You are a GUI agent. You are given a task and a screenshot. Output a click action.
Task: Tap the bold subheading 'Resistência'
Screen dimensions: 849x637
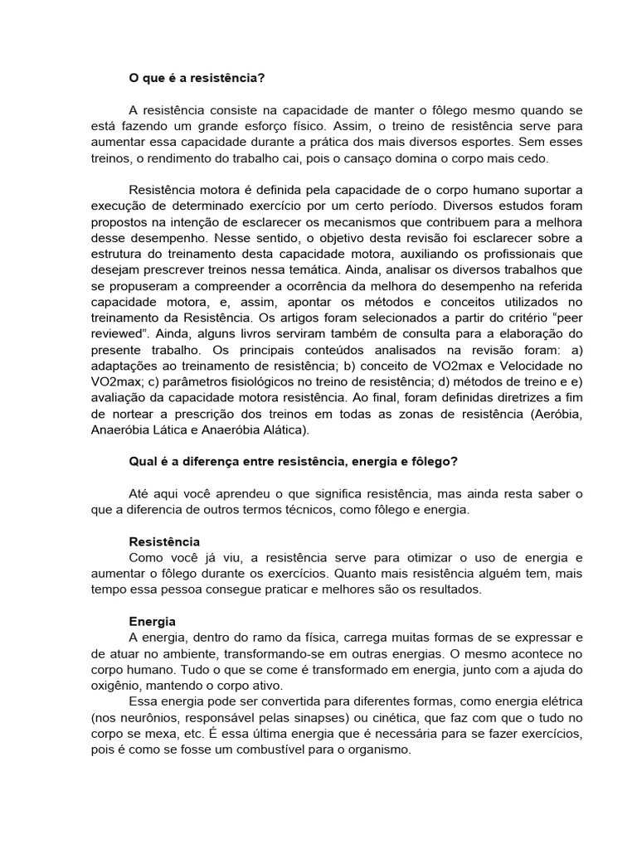coord(164,541)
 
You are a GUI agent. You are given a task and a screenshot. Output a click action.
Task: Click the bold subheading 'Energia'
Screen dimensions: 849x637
coord(153,621)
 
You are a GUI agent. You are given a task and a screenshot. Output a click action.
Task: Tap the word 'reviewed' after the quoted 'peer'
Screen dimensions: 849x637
coord(114,335)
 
